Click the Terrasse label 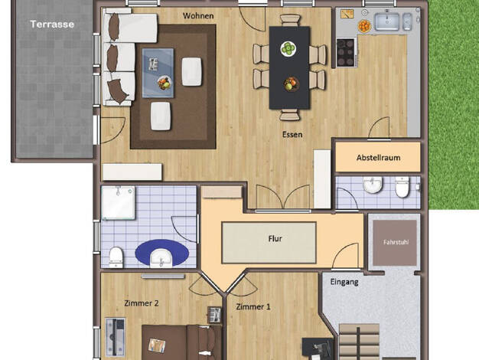pyautogui.click(x=52, y=25)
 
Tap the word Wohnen pyautogui.click(x=198, y=15)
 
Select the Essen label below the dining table pyautogui.click(x=292, y=134)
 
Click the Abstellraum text pyautogui.click(x=378, y=158)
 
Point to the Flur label pyautogui.click(x=275, y=238)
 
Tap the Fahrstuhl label pyautogui.click(x=396, y=242)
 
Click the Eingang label pyautogui.click(x=344, y=282)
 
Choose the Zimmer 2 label pyautogui.click(x=142, y=303)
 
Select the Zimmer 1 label pyautogui.click(x=253, y=306)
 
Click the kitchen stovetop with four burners pyautogui.click(x=346, y=52)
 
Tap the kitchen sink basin pyautogui.click(x=387, y=21)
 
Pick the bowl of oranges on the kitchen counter pyautogui.click(x=364, y=26)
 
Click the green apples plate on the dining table pyautogui.click(x=288, y=48)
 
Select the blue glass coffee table pyautogui.click(x=158, y=73)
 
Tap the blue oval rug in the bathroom pyautogui.click(x=162, y=253)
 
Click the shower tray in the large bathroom pyautogui.click(x=119, y=202)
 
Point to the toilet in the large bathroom pyautogui.click(x=116, y=257)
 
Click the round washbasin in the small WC pyautogui.click(x=373, y=185)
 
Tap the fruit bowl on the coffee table pyautogui.click(x=165, y=83)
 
